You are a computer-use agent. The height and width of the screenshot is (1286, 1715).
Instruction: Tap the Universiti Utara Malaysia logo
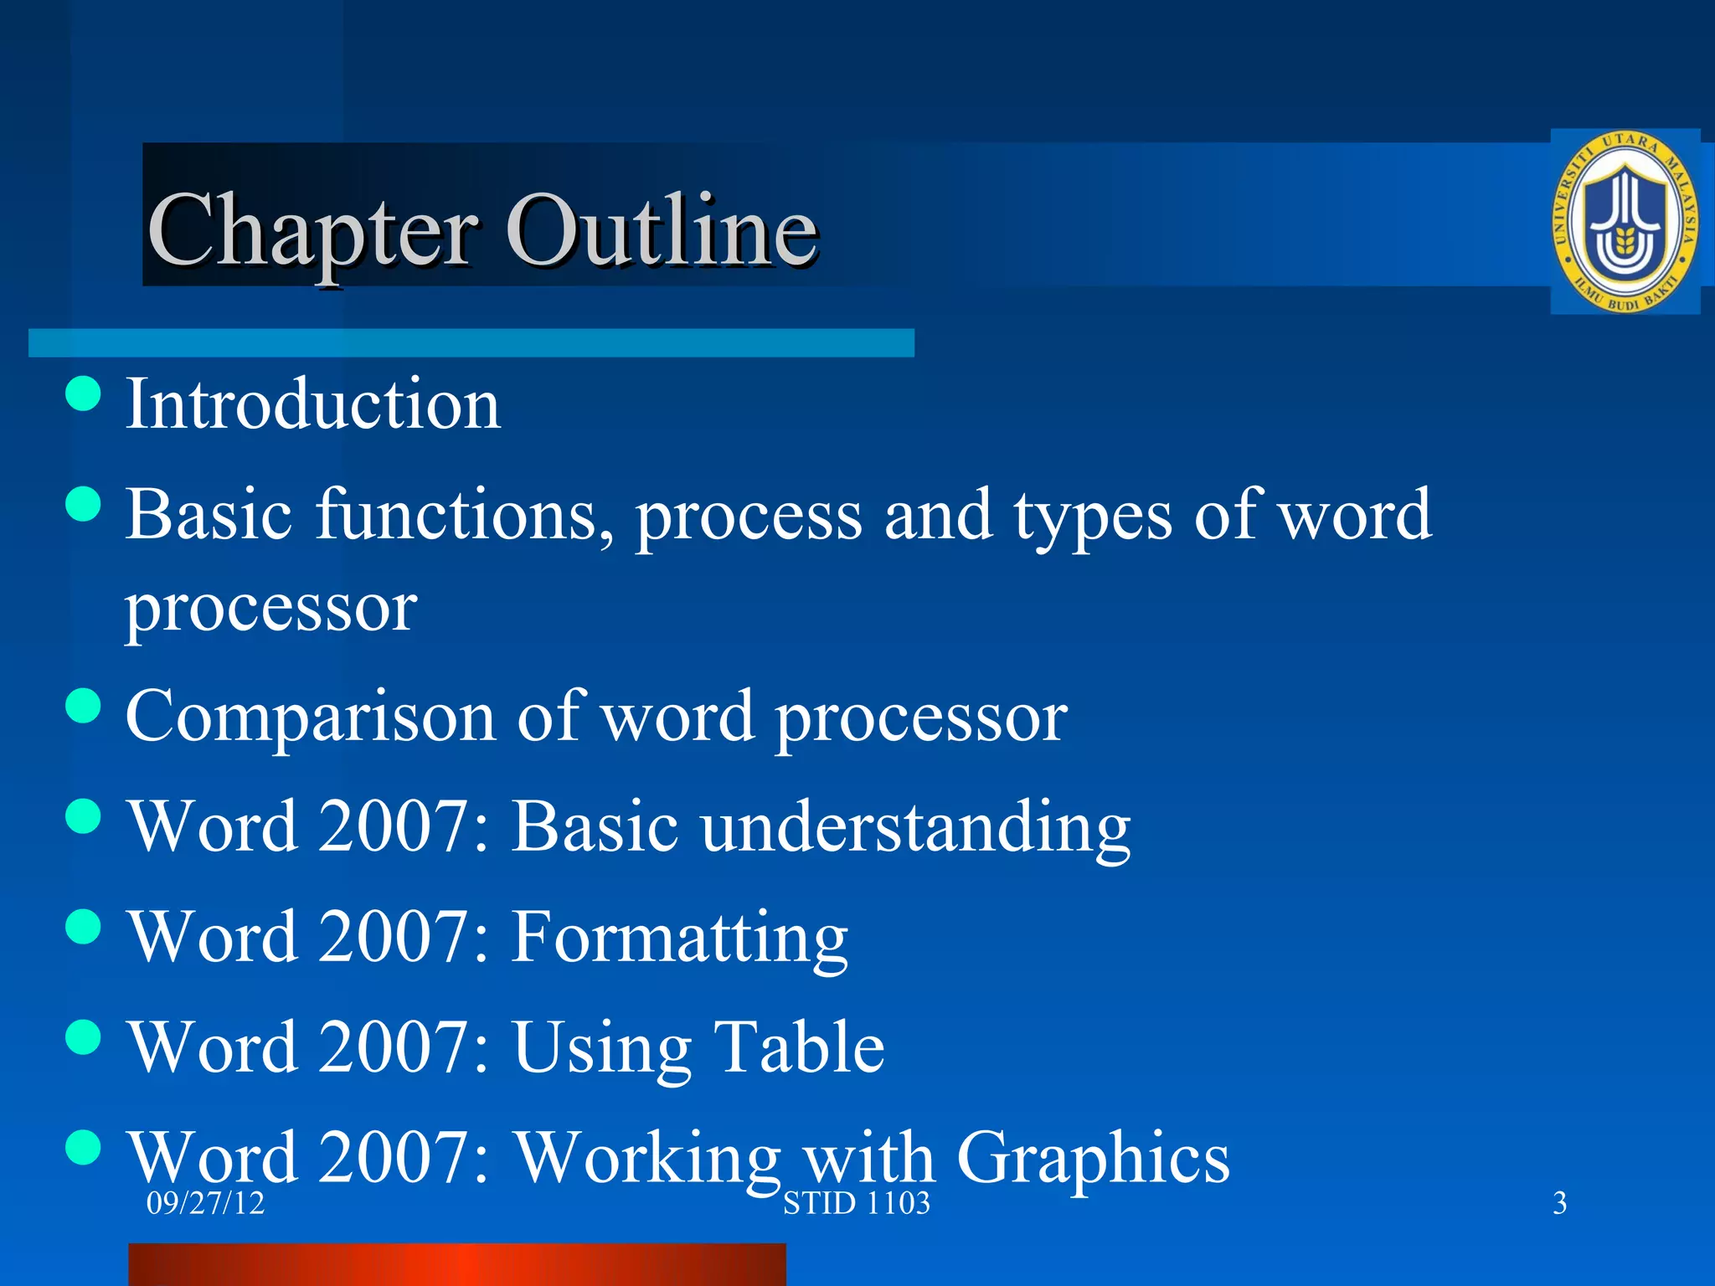tap(1625, 222)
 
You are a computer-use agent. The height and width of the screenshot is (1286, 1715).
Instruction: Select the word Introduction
tap(313, 404)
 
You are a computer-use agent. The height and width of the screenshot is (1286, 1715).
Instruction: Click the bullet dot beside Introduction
tap(83, 394)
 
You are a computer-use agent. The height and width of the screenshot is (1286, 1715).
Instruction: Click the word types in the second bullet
tap(1093, 517)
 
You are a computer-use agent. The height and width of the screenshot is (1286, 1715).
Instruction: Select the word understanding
tap(916, 827)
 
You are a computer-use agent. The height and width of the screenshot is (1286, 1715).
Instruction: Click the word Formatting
tap(680, 938)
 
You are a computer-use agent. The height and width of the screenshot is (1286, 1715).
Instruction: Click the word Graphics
tap(1093, 1158)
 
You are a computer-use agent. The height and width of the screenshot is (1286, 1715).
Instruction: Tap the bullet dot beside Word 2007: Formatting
tap(83, 927)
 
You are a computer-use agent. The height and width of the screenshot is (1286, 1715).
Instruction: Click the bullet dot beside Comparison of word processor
tap(83, 705)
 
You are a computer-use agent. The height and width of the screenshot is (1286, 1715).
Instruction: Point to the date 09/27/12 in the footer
tap(205, 1203)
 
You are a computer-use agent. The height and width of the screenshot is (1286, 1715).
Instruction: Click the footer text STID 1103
tap(856, 1203)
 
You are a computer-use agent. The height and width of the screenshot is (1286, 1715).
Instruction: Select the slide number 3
tap(1559, 1203)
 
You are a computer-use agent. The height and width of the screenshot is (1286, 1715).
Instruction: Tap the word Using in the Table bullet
tap(602, 1048)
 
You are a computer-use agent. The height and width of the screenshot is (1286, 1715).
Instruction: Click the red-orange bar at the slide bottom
tap(456, 1264)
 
